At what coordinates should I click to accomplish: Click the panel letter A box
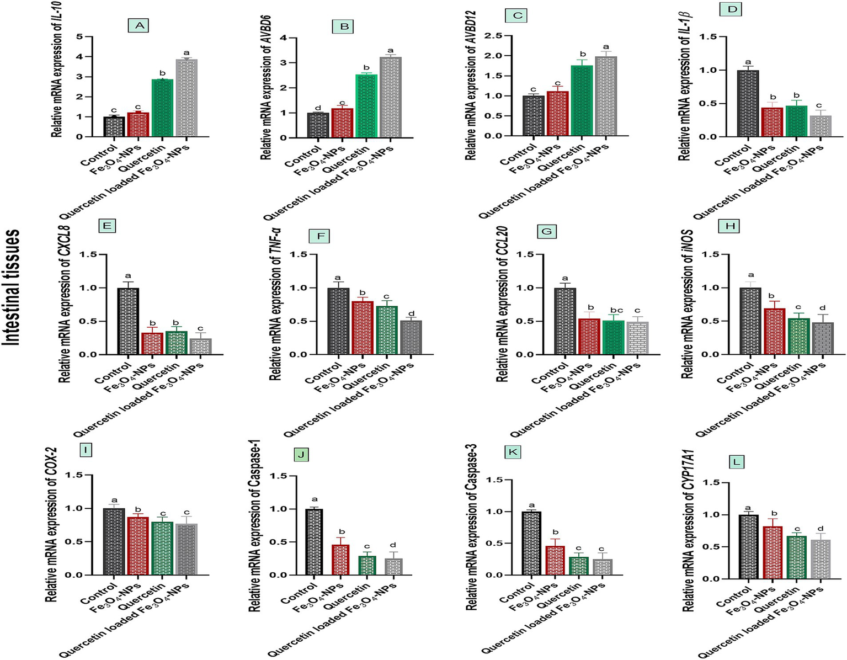coord(138,25)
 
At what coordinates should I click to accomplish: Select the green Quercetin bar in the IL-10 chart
coord(162,108)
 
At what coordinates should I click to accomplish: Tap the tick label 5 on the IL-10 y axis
coord(80,37)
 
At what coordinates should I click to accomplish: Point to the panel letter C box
coord(517,15)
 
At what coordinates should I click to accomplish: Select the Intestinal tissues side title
coord(13,287)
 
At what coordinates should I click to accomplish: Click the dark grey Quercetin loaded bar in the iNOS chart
coord(822,338)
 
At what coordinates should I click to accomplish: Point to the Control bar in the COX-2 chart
coord(114,541)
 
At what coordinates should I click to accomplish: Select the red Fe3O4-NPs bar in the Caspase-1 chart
coord(340,560)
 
